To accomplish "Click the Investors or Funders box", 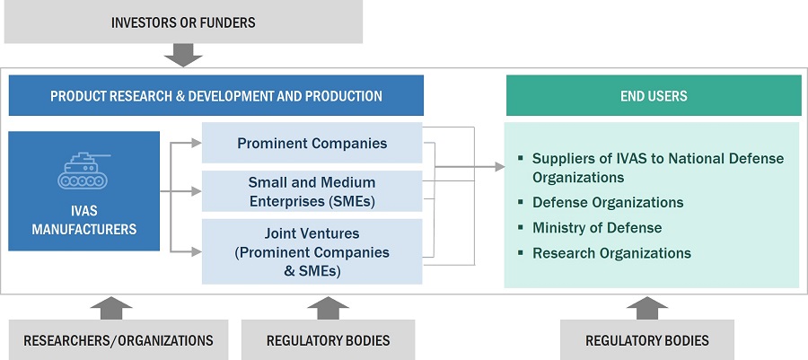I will click(x=183, y=22).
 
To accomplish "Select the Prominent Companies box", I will click(x=312, y=143).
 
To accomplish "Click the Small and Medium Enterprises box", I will click(x=312, y=190).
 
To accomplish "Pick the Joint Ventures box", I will click(x=312, y=250).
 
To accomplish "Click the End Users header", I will click(x=653, y=95).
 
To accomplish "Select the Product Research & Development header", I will click(x=215, y=95).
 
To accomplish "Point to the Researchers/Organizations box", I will click(x=119, y=340).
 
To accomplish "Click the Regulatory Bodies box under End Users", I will click(x=646, y=340).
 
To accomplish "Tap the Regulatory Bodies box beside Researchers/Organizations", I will click(x=328, y=340).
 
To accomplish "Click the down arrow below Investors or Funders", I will click(x=183, y=57).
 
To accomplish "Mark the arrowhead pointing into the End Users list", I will click(x=498, y=166).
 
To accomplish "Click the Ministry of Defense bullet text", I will click(x=597, y=228).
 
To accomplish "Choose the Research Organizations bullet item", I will click(x=611, y=253).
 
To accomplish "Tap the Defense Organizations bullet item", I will click(x=608, y=203).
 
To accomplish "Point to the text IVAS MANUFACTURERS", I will click(x=83, y=221).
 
